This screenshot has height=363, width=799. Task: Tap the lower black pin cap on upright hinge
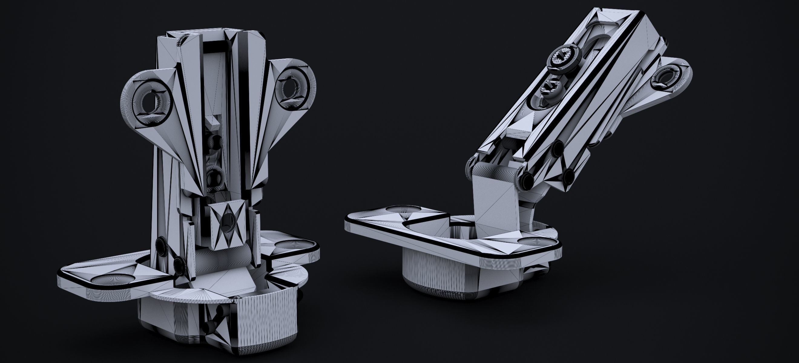tap(179, 264)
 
